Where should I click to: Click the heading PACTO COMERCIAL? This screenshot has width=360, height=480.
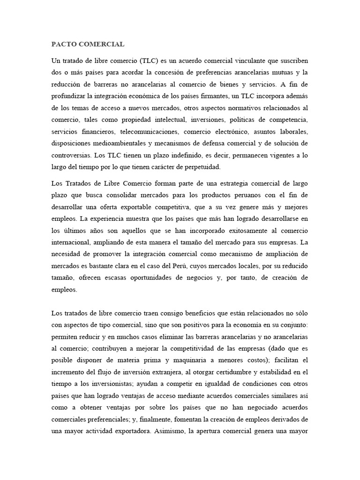(x=88, y=45)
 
